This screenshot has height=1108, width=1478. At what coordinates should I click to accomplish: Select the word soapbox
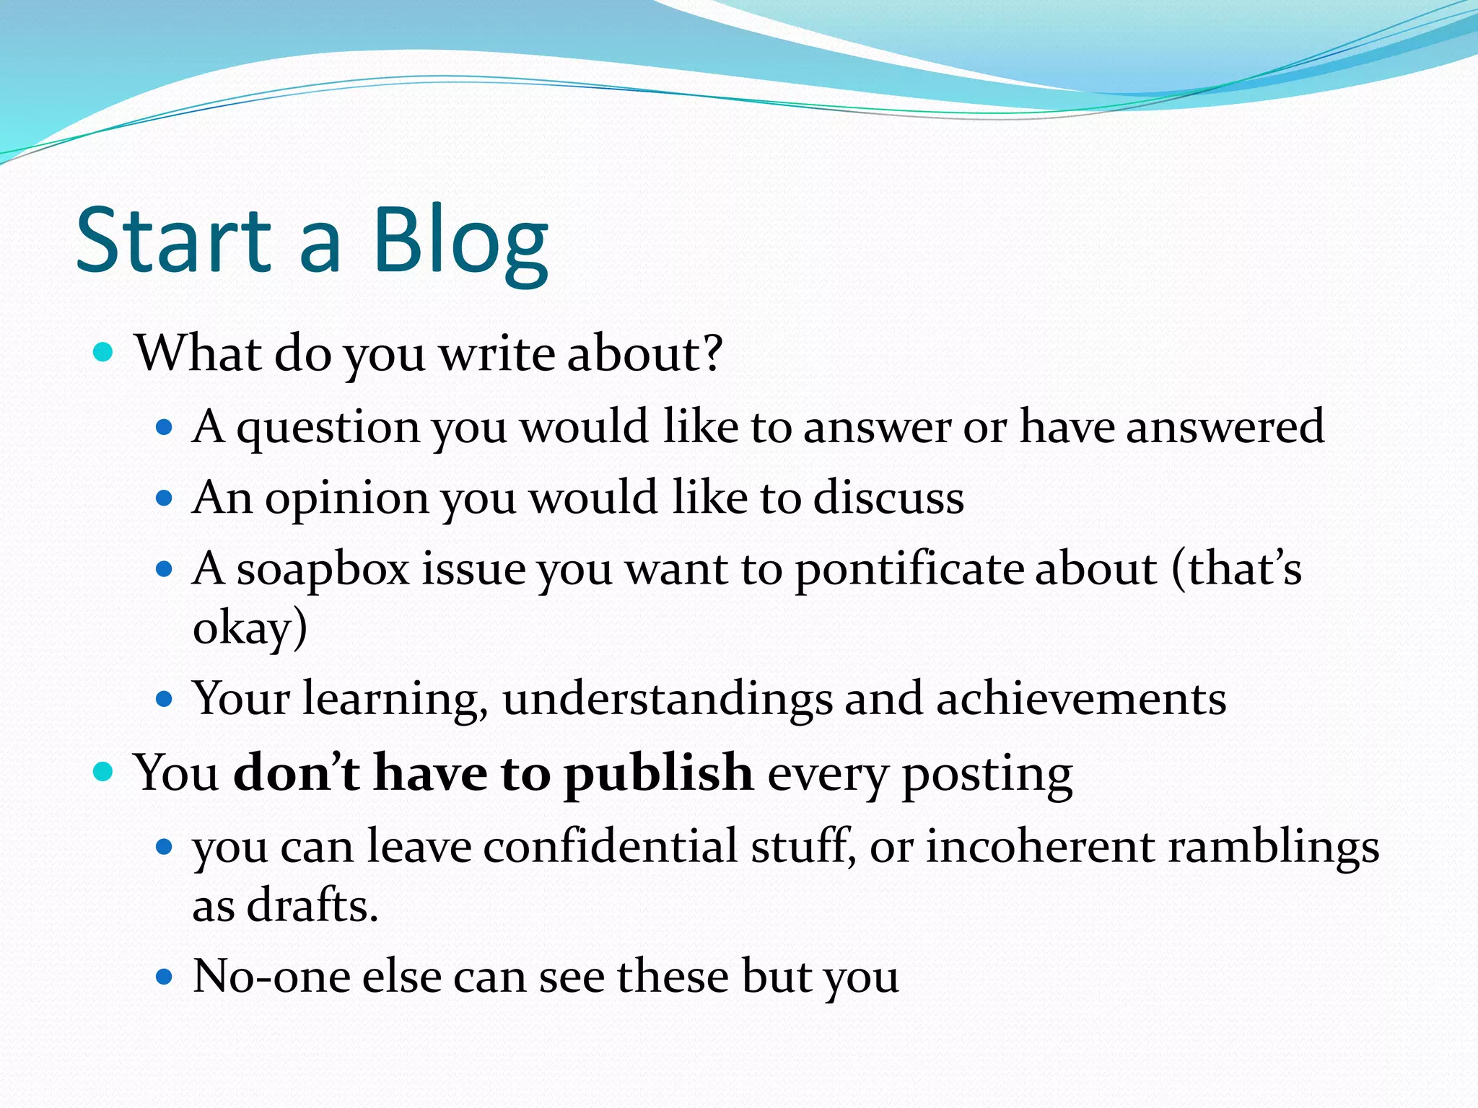(323, 570)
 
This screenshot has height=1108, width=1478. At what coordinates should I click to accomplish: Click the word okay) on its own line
(250, 628)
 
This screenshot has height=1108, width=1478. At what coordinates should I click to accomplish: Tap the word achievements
(1080, 699)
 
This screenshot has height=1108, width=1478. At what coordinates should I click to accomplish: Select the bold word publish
(658, 773)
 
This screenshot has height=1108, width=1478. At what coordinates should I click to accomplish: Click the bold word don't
(297, 773)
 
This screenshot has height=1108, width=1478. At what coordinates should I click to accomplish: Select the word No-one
(271, 977)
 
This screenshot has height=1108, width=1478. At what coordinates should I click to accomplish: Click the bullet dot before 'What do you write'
(104, 353)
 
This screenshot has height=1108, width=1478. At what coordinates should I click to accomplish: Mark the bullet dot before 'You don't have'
(104, 773)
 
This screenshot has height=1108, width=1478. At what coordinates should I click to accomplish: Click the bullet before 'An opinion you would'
(165, 498)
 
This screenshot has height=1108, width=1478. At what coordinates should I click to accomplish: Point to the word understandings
(667, 699)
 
